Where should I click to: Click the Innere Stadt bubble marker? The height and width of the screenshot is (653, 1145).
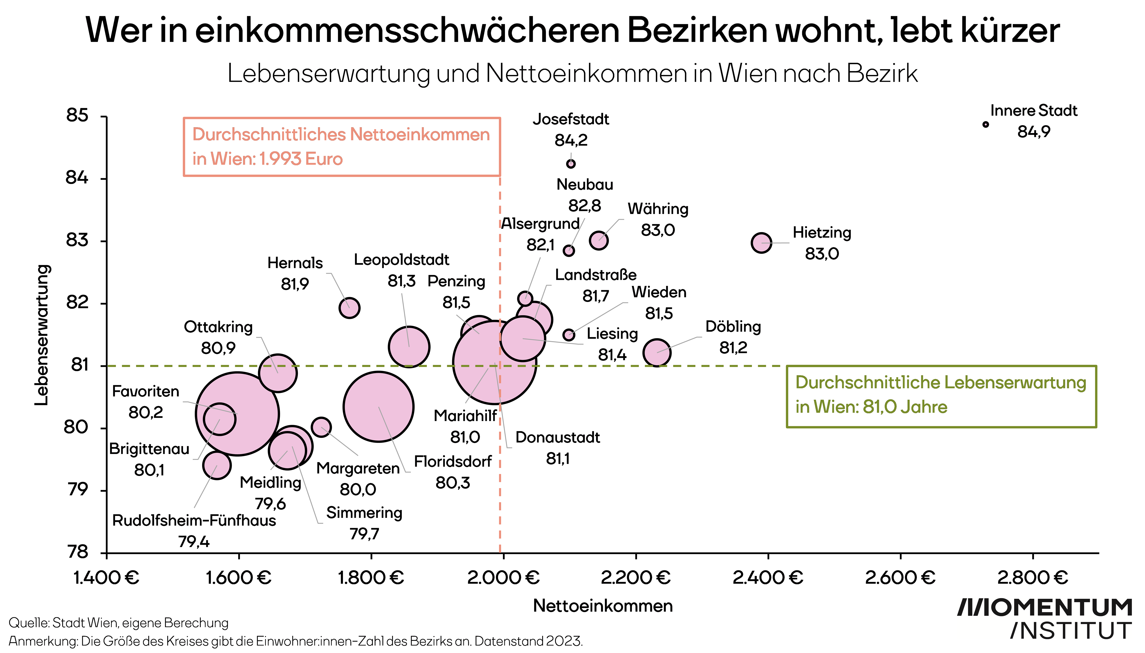(x=986, y=124)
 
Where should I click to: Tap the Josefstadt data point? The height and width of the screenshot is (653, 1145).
(x=571, y=164)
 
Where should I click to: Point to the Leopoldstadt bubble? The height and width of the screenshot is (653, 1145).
(x=409, y=347)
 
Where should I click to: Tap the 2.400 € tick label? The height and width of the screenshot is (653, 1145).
(x=768, y=578)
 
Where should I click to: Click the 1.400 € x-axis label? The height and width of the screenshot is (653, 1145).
(x=106, y=578)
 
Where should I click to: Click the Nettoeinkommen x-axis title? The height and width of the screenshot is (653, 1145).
(x=603, y=606)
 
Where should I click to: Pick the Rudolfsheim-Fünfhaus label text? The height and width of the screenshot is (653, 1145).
(x=194, y=521)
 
